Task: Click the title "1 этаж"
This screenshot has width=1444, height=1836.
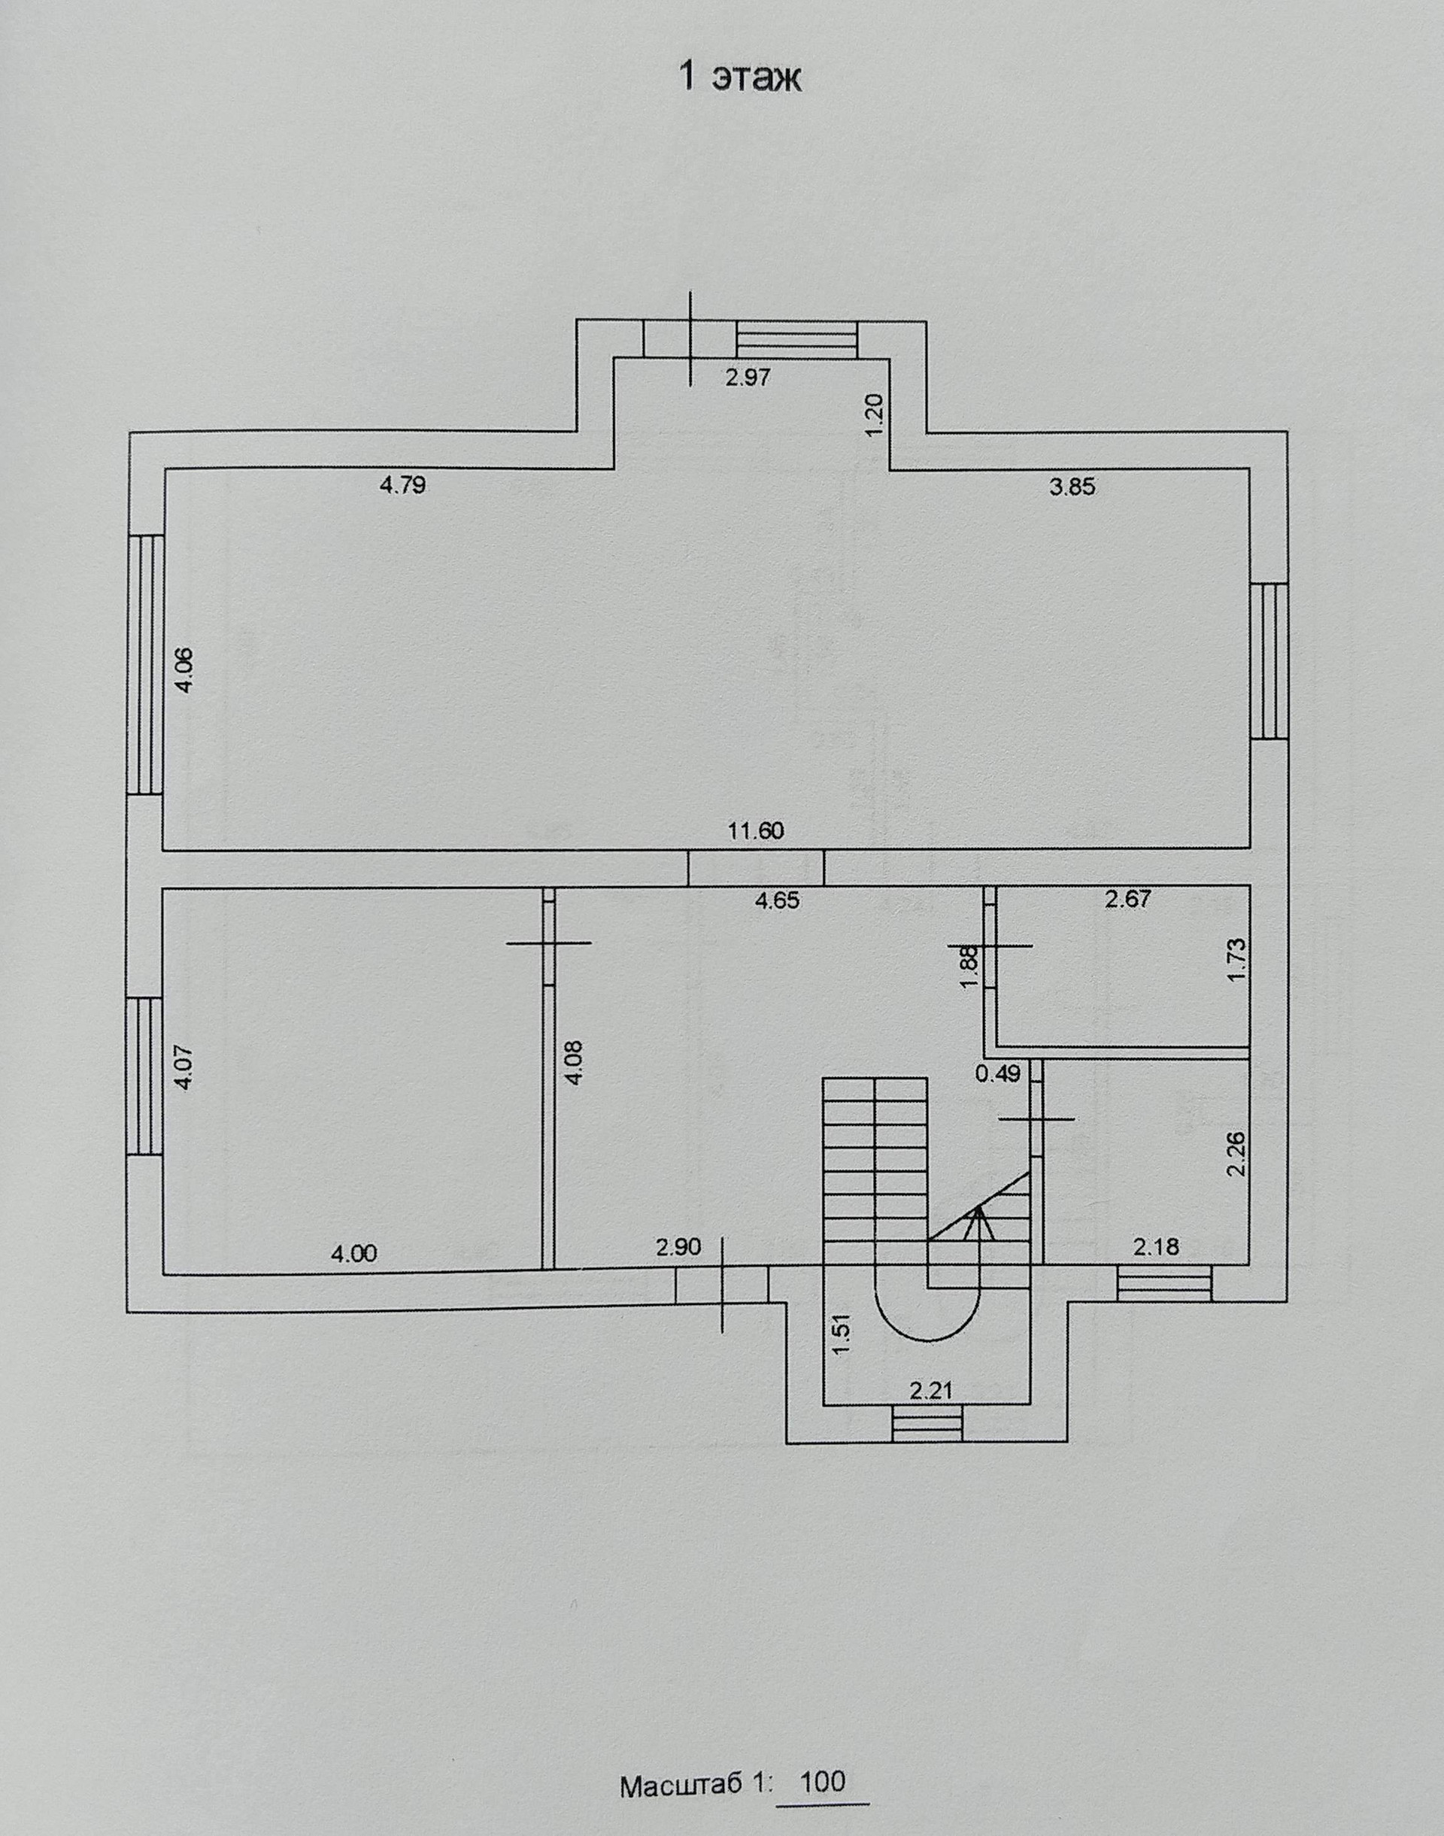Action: pyautogui.click(x=741, y=77)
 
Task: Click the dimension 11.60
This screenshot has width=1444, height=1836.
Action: pyautogui.click(x=756, y=830)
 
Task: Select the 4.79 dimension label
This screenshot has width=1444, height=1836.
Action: pyautogui.click(x=402, y=485)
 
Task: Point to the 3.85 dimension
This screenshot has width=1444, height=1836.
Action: pyautogui.click(x=1072, y=487)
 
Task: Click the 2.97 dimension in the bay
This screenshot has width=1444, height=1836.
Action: pyautogui.click(x=748, y=378)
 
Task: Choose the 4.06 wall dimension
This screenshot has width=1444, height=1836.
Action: pyautogui.click(x=185, y=669)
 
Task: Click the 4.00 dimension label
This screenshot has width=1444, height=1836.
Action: pyautogui.click(x=354, y=1254)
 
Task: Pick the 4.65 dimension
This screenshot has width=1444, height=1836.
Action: pyautogui.click(x=776, y=901)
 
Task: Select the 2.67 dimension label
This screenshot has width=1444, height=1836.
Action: pyautogui.click(x=1128, y=900)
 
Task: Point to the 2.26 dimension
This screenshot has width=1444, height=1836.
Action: pyautogui.click(x=1238, y=1154)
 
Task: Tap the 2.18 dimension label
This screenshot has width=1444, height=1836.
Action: pyautogui.click(x=1156, y=1246)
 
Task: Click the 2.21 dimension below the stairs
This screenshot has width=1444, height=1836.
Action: pyautogui.click(x=931, y=1391)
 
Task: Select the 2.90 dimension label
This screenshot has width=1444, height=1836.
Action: pyautogui.click(x=679, y=1247)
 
